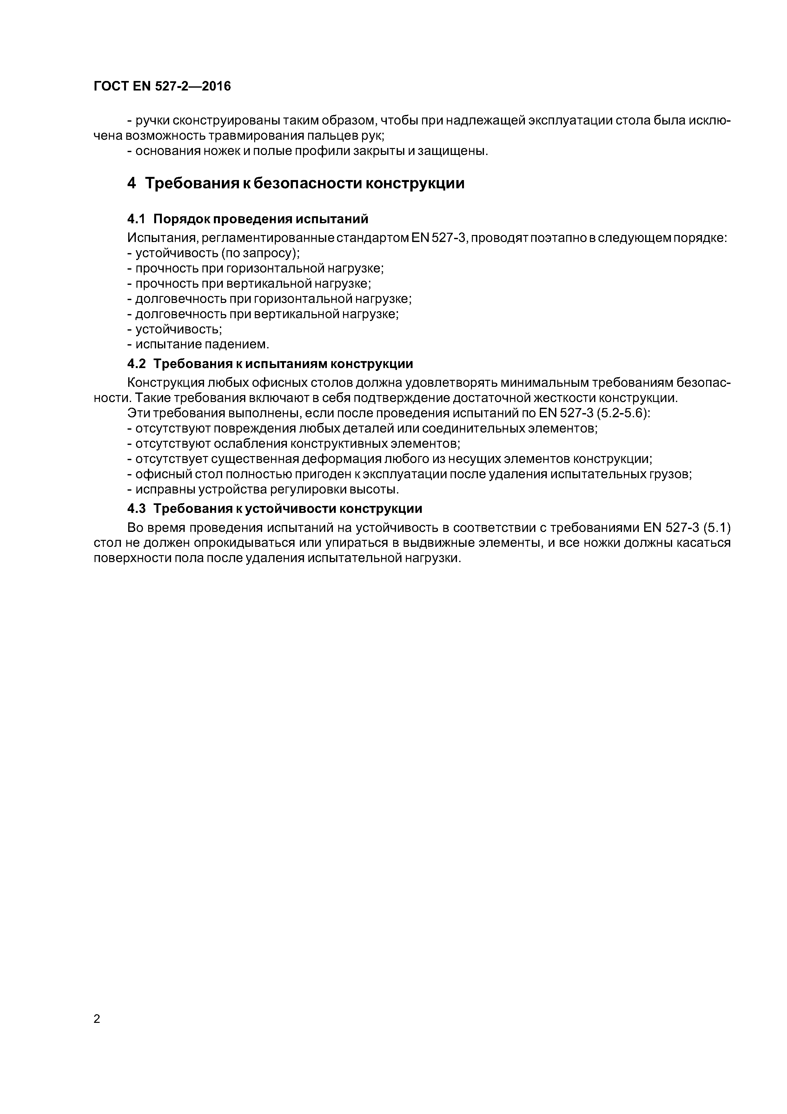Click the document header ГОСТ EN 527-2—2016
click(x=162, y=86)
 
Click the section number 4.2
click(x=136, y=364)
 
